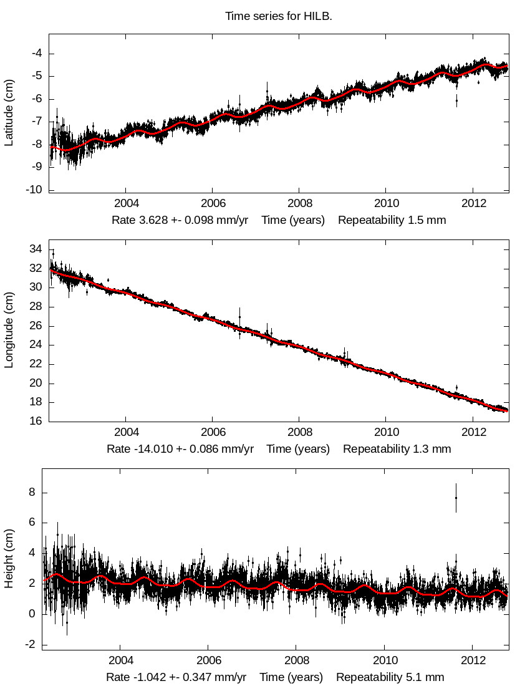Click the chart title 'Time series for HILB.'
point(279,16)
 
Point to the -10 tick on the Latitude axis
point(33,190)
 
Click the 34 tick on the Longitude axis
point(36,249)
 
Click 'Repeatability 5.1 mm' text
point(390,677)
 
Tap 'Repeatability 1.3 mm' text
point(397,448)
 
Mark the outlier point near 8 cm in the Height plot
point(456,498)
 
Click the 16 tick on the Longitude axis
point(36,421)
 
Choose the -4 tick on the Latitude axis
point(36,53)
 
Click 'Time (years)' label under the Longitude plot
point(298,448)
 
